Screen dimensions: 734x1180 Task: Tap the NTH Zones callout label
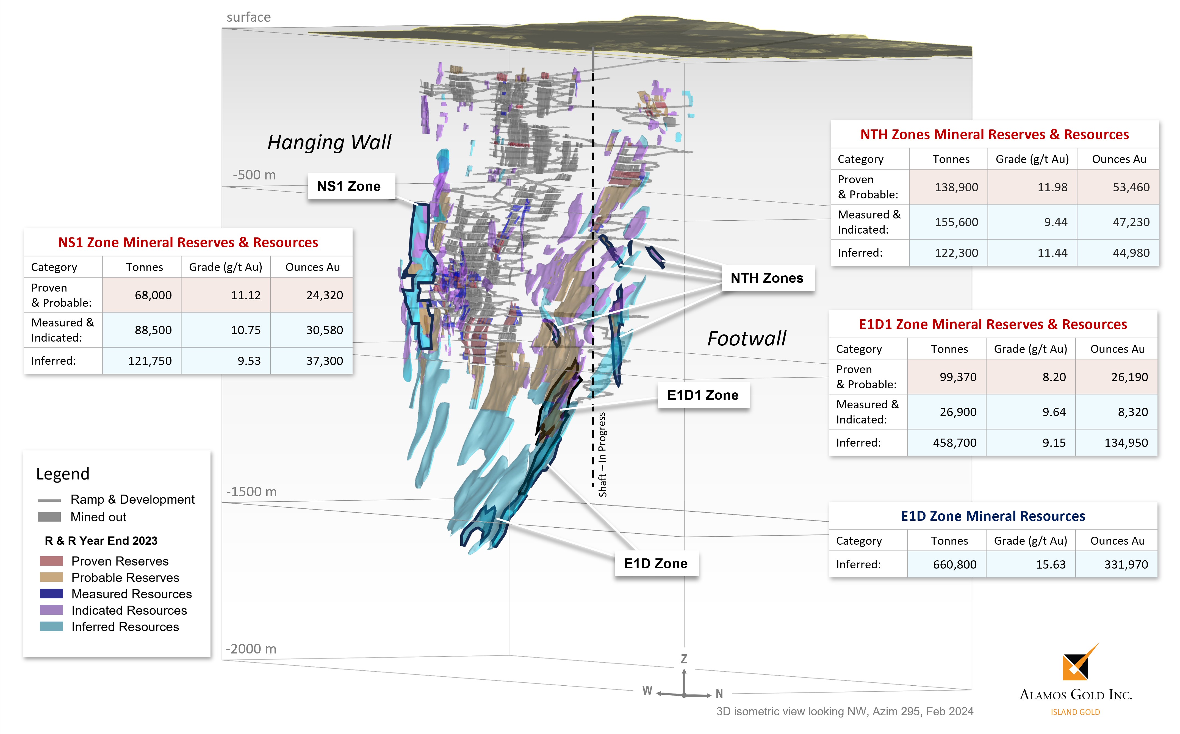(x=767, y=278)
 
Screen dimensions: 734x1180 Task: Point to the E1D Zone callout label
(x=655, y=564)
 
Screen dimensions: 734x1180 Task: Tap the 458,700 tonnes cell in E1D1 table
(x=954, y=443)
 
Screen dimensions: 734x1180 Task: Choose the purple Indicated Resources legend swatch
(x=51, y=610)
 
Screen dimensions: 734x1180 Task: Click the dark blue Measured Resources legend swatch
(x=51, y=594)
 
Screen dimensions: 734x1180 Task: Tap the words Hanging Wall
(x=329, y=143)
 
